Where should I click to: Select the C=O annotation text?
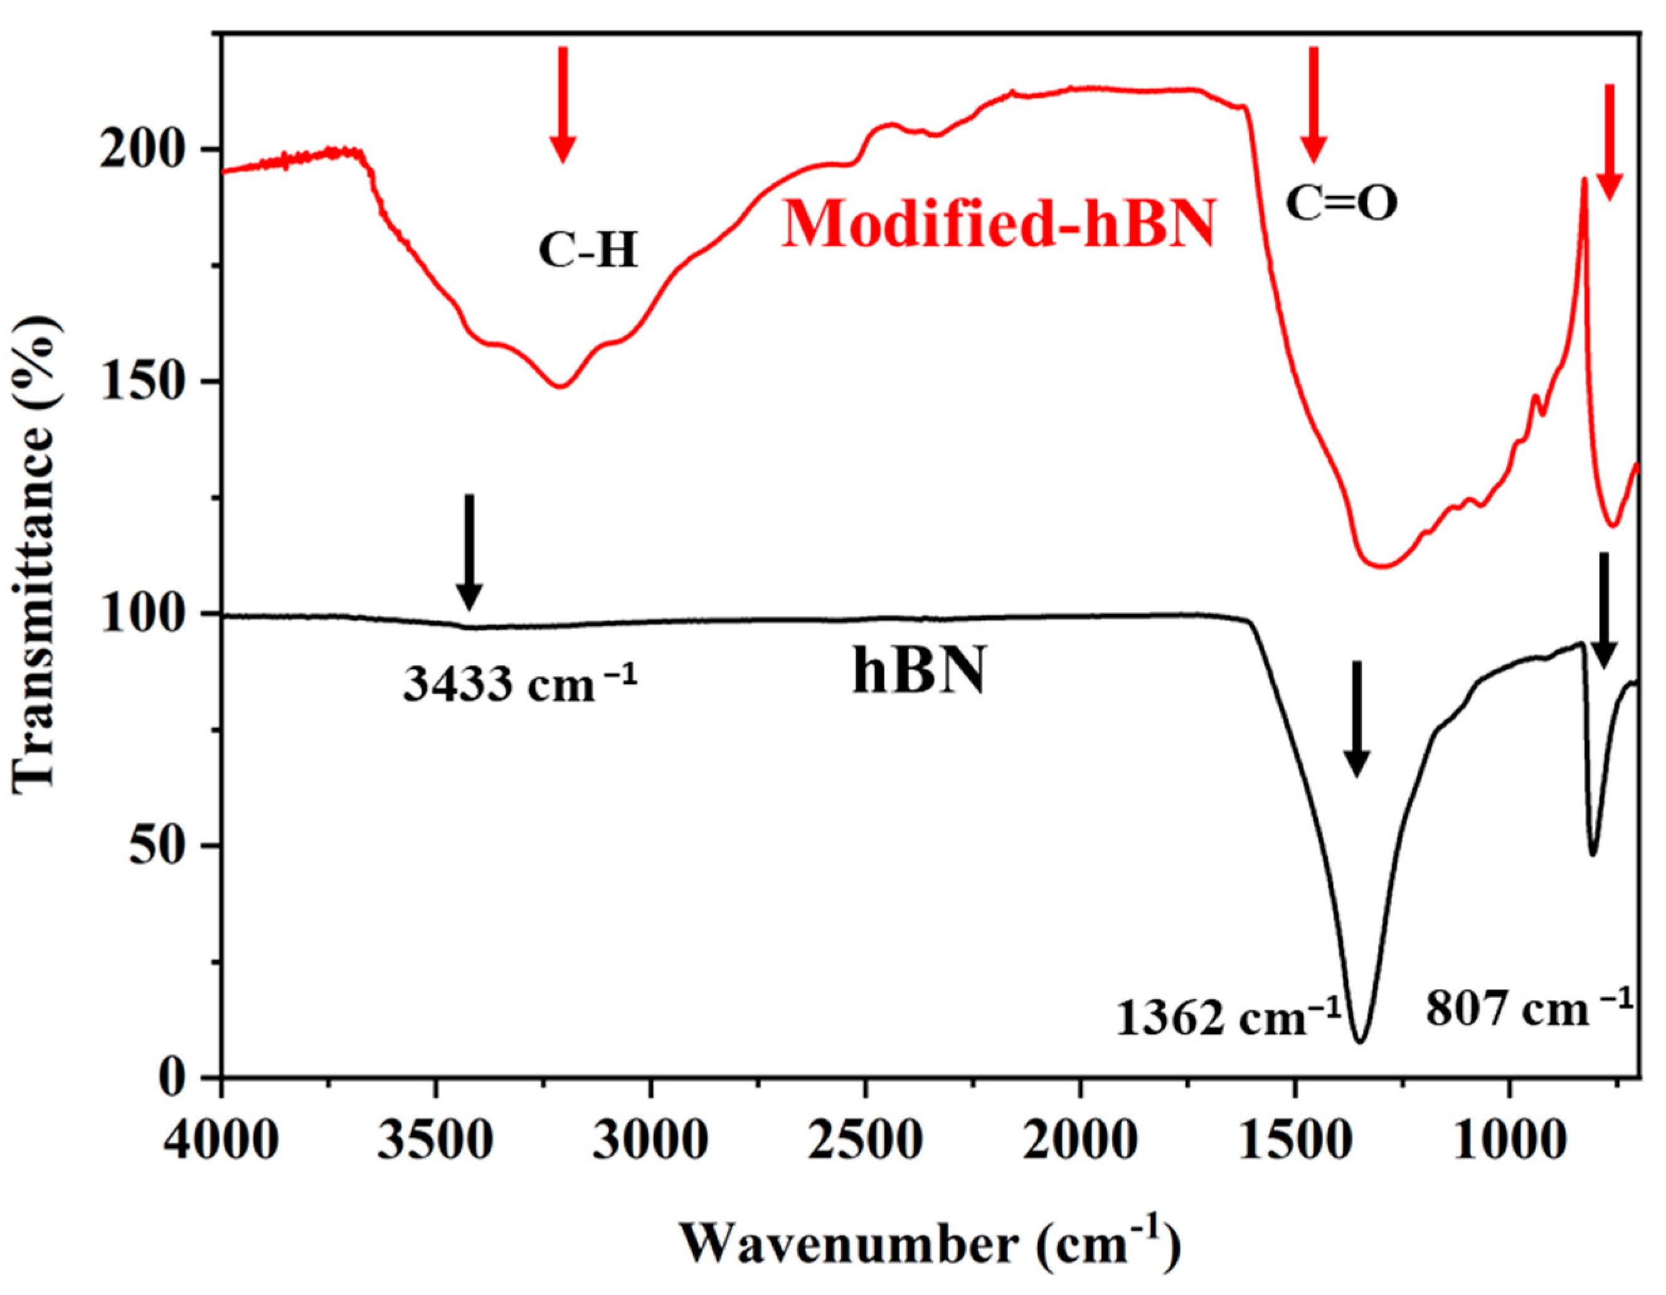tap(1342, 204)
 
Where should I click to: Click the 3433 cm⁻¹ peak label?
tap(519, 681)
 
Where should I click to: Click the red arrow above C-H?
tap(563, 104)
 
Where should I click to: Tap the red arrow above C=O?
tap(1313, 104)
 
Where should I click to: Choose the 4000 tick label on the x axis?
tap(222, 1139)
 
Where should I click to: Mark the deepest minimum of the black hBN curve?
tap(1359, 1040)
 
